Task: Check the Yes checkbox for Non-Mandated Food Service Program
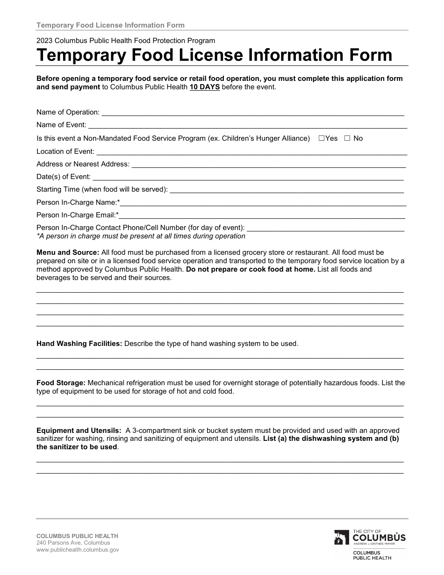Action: (322, 138)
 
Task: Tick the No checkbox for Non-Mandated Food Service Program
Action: (347, 138)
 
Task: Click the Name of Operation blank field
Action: (252, 113)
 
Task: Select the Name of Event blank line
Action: (247, 125)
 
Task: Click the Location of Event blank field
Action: (251, 152)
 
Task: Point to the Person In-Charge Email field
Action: (262, 216)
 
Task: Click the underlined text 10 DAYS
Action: (205, 87)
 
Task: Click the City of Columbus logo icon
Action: (342, 537)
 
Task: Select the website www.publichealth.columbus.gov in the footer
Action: (78, 550)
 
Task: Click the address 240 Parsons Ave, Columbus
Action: (73, 543)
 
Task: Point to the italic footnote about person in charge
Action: (141, 236)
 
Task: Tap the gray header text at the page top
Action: (110, 25)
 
